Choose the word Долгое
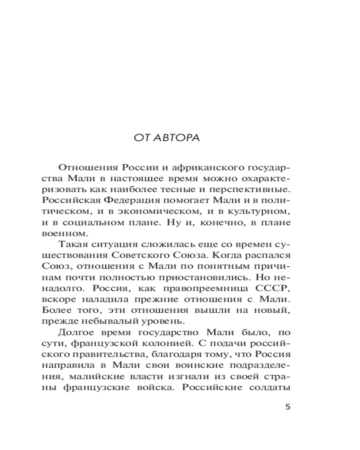pyautogui.click(x=78, y=332)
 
